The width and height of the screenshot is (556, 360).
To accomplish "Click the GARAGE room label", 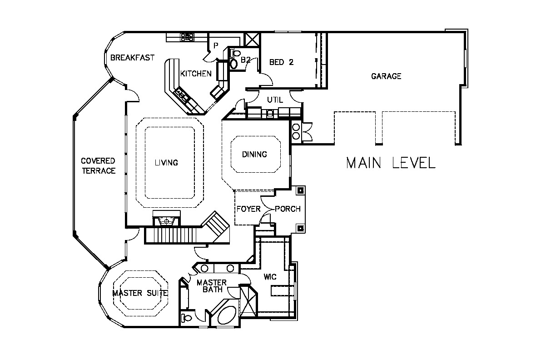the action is click(386, 76).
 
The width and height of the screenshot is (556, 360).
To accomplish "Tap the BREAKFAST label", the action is click(132, 58).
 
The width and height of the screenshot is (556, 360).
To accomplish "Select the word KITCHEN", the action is click(196, 74).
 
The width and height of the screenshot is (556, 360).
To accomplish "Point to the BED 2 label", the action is click(282, 62).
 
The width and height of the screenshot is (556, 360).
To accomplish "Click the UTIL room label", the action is click(275, 100).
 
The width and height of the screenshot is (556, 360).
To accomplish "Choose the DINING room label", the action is click(254, 154).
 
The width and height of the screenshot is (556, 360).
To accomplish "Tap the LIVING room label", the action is click(166, 163).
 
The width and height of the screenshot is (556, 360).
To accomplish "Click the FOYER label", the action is click(248, 209).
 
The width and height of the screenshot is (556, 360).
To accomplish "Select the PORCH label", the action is click(288, 209).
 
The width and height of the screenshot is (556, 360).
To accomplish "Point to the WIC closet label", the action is click(270, 277).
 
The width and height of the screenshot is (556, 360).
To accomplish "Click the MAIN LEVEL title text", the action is click(391, 163).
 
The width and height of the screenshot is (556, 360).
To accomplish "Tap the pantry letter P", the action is click(216, 46).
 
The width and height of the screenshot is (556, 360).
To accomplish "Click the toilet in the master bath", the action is click(186, 318).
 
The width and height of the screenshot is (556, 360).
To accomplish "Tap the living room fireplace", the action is click(167, 218).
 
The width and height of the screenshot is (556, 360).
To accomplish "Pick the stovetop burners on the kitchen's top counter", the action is click(187, 37).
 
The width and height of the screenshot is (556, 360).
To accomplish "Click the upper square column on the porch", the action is click(301, 190).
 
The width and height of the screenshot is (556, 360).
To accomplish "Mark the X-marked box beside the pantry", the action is click(252, 40).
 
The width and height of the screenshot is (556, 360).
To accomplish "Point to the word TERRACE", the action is click(99, 171).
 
